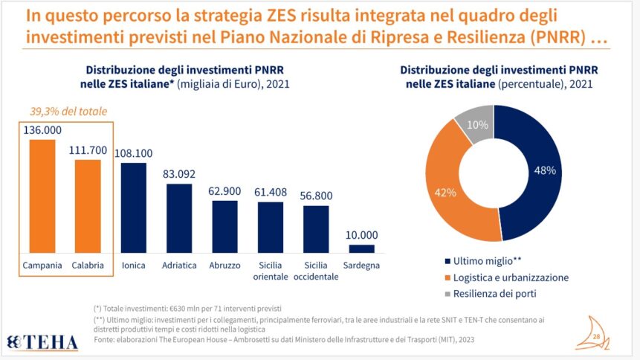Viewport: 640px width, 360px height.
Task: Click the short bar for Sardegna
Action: coord(362,248)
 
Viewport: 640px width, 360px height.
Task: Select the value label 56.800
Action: coord(316,196)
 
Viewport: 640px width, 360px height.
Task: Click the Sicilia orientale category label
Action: coord(271,271)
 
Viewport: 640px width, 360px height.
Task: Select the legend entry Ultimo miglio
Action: coord(488,261)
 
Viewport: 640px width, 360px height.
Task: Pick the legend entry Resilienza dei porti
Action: coord(497,294)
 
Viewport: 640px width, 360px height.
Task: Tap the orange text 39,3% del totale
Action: coord(64,112)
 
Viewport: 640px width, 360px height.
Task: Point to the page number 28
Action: coord(597,338)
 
